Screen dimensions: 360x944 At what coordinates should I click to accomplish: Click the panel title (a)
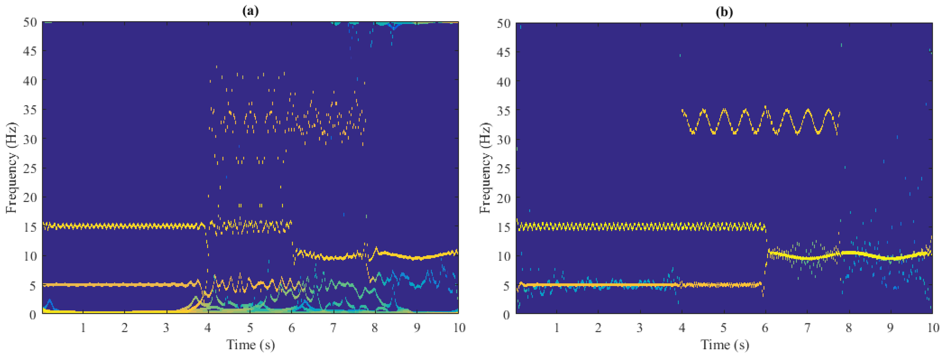pos(250,11)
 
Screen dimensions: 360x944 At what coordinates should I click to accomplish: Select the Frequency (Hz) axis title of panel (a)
pos(12,168)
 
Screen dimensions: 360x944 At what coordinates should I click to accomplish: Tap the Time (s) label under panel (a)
pos(251,345)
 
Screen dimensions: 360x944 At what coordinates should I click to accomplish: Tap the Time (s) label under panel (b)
pos(724,345)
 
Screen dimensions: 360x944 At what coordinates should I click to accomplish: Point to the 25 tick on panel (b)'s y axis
pos(504,169)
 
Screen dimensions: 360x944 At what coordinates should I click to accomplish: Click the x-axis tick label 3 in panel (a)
pos(166,327)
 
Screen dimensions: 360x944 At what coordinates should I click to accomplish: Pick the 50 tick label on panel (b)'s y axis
pos(504,23)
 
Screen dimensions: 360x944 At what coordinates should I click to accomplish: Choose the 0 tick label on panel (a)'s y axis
pos(33,315)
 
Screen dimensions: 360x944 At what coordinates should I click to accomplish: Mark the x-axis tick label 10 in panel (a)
pos(459,327)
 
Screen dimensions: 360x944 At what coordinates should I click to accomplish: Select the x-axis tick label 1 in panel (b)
pos(557,327)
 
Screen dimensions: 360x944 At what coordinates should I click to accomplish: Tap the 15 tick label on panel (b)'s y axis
pos(504,227)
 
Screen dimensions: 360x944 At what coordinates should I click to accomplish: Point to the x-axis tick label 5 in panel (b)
pos(723,327)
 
